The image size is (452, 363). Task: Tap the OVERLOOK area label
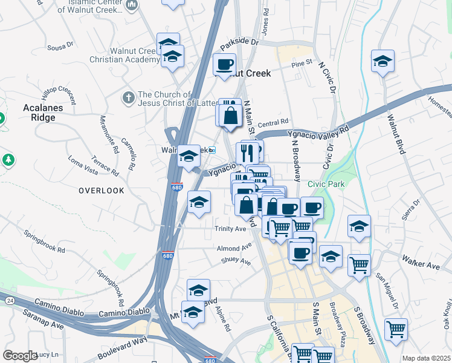(x=101, y=191)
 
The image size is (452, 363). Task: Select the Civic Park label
(x=326, y=184)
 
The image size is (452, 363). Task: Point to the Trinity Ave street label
(x=230, y=229)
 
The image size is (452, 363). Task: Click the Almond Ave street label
(x=234, y=247)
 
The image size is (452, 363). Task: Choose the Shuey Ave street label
(x=237, y=261)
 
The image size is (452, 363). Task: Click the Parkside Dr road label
(x=239, y=44)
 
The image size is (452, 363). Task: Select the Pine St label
(x=301, y=62)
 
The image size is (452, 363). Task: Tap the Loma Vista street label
(x=83, y=163)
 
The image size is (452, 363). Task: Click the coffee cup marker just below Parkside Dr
(x=225, y=64)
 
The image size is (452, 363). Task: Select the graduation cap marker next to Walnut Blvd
(x=382, y=61)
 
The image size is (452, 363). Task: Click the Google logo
(x=20, y=355)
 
